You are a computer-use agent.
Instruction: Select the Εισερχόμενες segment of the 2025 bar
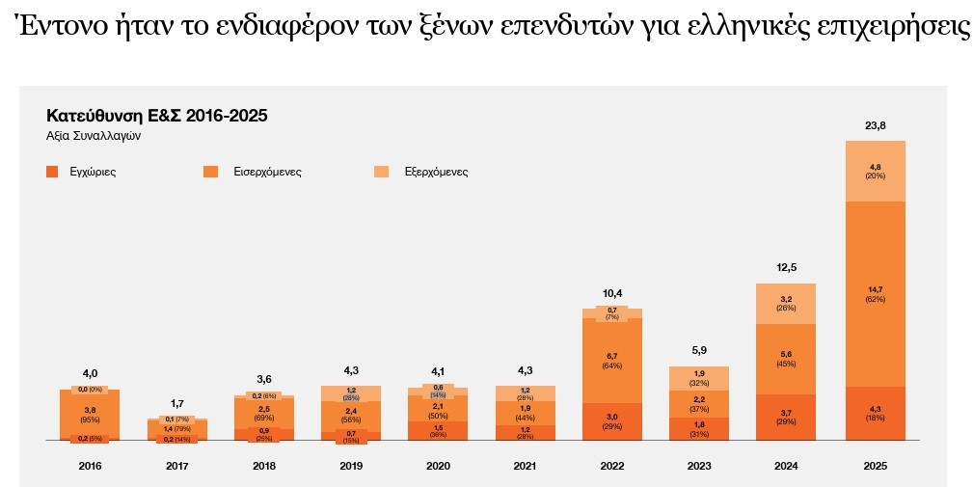pos(875,293)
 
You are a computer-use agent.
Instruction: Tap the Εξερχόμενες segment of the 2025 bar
pos(875,171)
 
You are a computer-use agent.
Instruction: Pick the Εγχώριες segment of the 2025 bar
pos(875,413)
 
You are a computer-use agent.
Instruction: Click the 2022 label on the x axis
pos(612,466)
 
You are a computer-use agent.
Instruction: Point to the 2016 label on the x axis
pos(90,466)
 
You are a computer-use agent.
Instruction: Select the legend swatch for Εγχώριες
pos(52,172)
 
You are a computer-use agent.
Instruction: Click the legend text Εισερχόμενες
pos(267,172)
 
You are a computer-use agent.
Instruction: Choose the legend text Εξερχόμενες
pos(435,172)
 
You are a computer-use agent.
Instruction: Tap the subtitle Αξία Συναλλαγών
pos(94,136)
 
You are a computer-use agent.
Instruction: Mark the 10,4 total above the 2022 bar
pos(612,292)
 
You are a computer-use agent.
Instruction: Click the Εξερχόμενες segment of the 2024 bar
pos(786,303)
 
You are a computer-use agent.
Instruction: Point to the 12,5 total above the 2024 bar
pos(786,267)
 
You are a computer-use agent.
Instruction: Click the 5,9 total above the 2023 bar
pos(699,351)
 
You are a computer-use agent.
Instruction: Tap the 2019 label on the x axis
pos(351,466)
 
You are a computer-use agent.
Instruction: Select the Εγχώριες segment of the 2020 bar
pos(438,430)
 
